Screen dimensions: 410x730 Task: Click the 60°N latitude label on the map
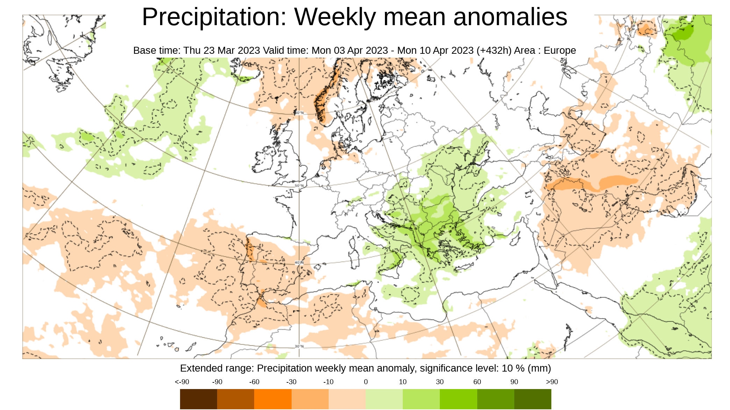pyautogui.click(x=299, y=113)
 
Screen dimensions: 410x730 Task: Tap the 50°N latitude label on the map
pyautogui.click(x=299, y=185)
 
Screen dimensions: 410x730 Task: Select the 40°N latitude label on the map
pyautogui.click(x=299, y=262)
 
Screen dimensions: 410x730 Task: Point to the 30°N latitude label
pyautogui.click(x=299, y=346)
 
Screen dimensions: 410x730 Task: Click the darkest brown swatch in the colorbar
pyautogui.click(x=198, y=399)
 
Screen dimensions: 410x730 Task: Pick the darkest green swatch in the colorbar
pyautogui.click(x=532, y=399)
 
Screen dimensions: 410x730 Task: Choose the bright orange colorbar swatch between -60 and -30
pyautogui.click(x=273, y=399)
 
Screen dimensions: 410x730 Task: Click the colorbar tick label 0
pyautogui.click(x=366, y=382)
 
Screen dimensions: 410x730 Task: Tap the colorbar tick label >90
pyautogui.click(x=552, y=382)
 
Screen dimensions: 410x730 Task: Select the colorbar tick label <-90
pyautogui.click(x=182, y=382)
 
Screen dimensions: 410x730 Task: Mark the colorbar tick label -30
pyautogui.click(x=291, y=382)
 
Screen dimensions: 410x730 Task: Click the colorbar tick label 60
pyautogui.click(x=477, y=382)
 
